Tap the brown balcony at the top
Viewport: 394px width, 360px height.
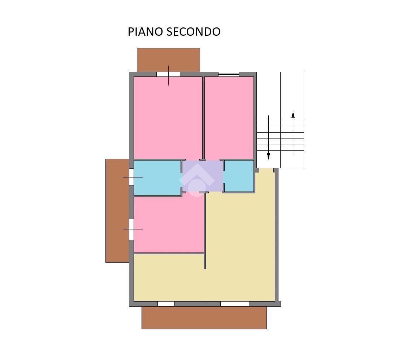[168, 60]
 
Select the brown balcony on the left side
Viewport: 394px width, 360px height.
[117, 210]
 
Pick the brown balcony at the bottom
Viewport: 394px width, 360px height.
[204, 317]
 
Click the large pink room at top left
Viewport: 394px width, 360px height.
[168, 118]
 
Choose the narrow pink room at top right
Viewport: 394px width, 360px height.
[229, 118]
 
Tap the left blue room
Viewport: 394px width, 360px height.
[157, 177]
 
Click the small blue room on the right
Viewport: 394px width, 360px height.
[239, 176]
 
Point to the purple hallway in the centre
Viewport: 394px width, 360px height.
[203, 176]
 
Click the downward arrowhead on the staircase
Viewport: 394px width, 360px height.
[268, 156]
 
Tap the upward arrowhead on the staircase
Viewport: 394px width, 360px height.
[293, 115]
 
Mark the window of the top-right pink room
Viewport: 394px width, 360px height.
[228, 74]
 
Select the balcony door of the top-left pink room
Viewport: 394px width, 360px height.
[168, 74]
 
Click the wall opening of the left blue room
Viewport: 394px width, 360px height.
[131, 177]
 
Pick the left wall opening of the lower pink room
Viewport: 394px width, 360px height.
[131, 229]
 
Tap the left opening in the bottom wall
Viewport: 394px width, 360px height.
[166, 304]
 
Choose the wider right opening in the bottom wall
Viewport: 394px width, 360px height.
[235, 304]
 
